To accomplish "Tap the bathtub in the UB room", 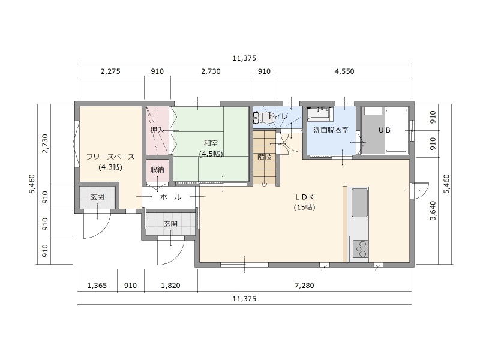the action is (x=397, y=131).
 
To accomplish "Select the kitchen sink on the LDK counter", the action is (x=359, y=203).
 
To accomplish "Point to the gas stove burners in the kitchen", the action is (x=361, y=249).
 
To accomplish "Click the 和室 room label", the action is (x=211, y=143).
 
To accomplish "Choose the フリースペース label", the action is (x=110, y=157).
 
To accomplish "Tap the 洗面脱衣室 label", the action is (x=331, y=130).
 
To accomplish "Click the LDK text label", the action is (x=304, y=197).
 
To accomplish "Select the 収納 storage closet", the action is (x=157, y=170).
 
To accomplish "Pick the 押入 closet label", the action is (x=157, y=130).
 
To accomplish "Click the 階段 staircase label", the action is (x=264, y=157).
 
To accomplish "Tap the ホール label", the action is (x=170, y=197).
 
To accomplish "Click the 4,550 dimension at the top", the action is (x=344, y=71).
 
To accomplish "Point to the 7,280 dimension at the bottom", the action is (x=304, y=286).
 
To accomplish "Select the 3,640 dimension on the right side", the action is (x=433, y=211).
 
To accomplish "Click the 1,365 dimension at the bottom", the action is (x=97, y=286).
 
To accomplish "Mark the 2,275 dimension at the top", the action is (x=110, y=71).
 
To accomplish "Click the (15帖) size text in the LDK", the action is (x=305, y=207).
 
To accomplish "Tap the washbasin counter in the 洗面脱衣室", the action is (x=320, y=113).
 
